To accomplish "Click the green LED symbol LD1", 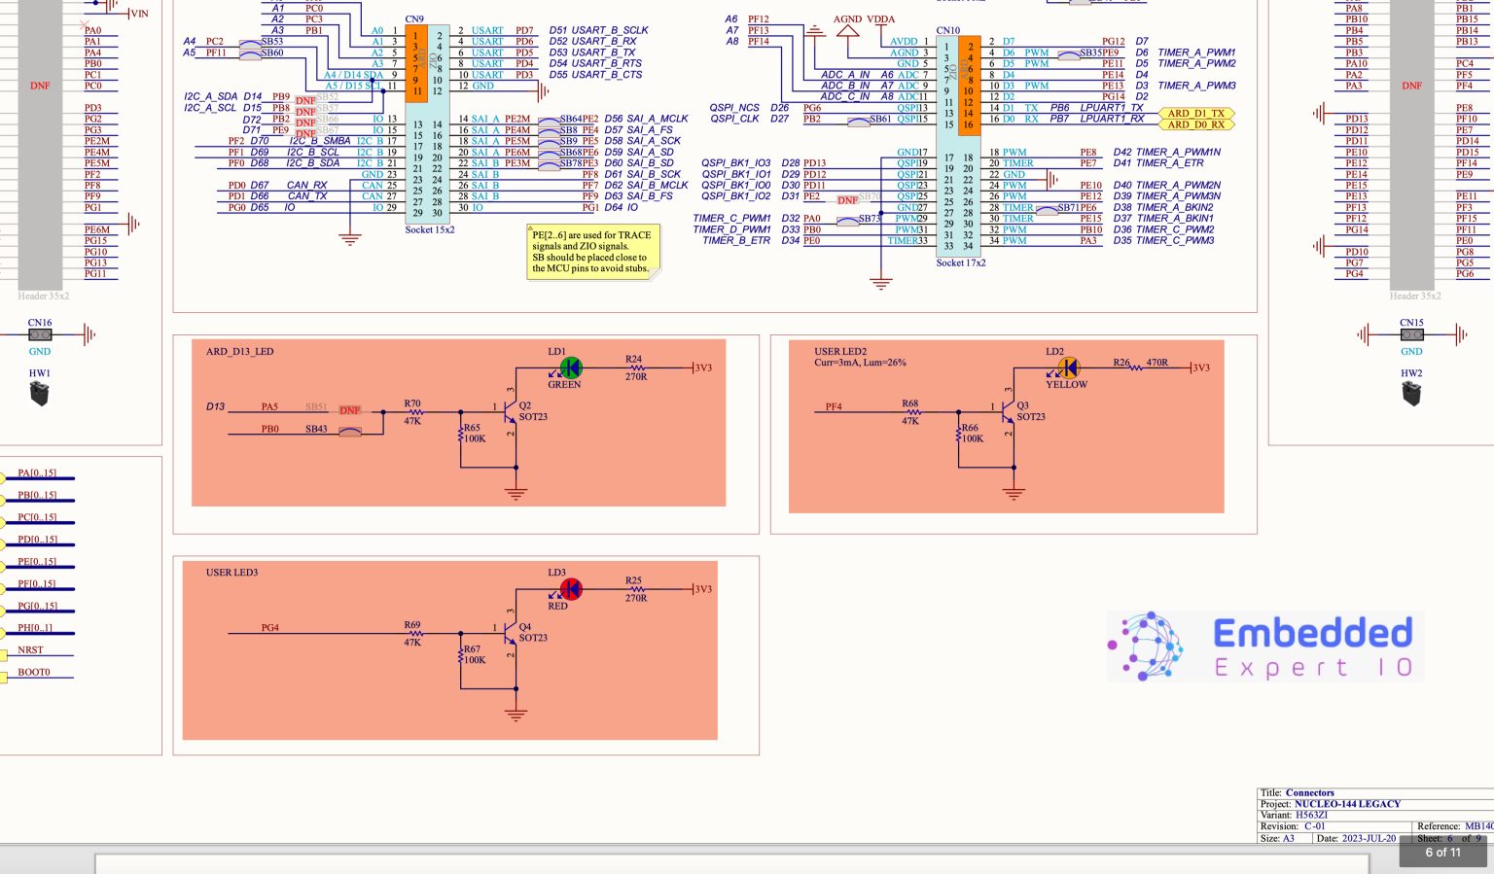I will click(x=571, y=367).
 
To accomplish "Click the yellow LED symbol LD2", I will click(x=1068, y=367).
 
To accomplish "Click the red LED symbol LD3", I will click(x=571, y=589).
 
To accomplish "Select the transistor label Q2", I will click(x=525, y=405).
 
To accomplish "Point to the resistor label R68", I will click(x=909, y=402).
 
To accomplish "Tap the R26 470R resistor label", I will click(x=1141, y=363).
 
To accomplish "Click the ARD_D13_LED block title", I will click(x=239, y=352).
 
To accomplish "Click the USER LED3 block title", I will click(x=231, y=573).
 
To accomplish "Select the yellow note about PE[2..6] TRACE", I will click(x=592, y=252).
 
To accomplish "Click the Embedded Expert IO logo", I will click(x=1264, y=647).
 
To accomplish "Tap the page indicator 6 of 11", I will click(x=1442, y=853).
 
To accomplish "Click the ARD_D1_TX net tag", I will click(x=1196, y=114).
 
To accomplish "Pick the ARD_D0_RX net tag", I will click(x=1196, y=124).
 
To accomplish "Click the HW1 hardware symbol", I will click(x=39, y=394).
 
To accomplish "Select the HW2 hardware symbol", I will click(x=1411, y=394).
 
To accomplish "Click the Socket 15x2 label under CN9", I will click(x=429, y=230).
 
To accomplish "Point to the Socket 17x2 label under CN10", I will click(x=960, y=263).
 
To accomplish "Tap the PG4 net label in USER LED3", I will click(x=269, y=628).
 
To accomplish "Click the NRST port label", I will click(x=30, y=650).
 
